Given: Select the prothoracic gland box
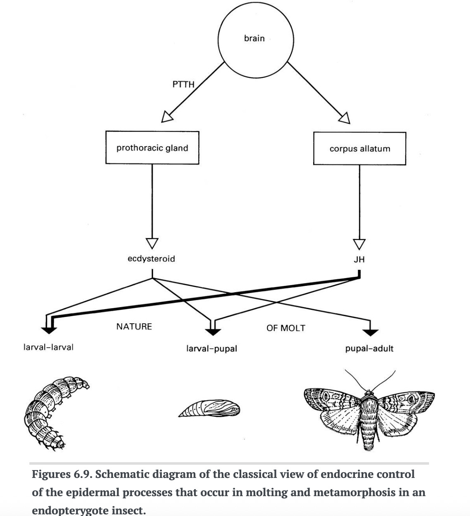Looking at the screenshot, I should click(152, 148).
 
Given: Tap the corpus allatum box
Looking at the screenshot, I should click(360, 149).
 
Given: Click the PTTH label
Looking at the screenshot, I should click(183, 84).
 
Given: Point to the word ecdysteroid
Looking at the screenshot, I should click(151, 259).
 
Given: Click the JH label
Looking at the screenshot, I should click(359, 259).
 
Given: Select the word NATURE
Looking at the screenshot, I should click(134, 326).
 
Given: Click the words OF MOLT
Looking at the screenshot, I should click(285, 328).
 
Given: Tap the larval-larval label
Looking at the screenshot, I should click(49, 347).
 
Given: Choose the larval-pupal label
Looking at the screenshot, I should click(212, 348).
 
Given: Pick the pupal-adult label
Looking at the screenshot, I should click(369, 348).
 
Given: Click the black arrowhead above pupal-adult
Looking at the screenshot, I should click(370, 331).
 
